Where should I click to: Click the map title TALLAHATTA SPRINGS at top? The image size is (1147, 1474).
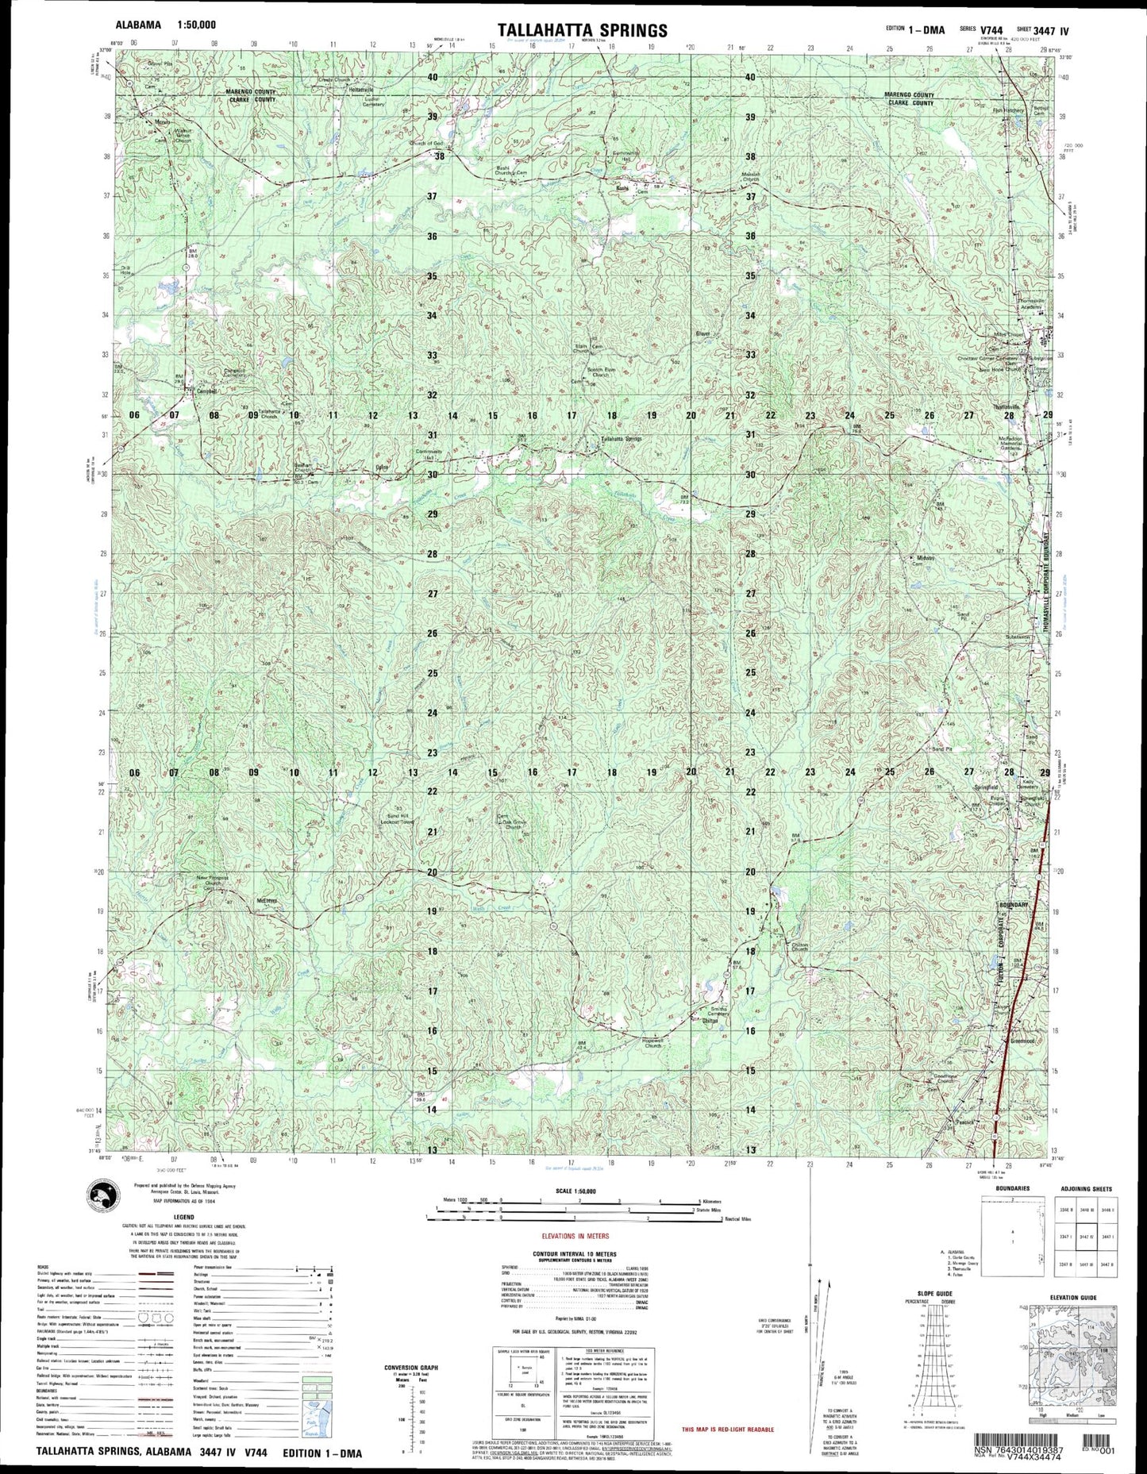(x=583, y=30)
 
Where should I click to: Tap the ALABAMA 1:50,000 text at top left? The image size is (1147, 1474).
(x=165, y=25)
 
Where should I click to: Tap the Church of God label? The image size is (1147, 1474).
(x=426, y=143)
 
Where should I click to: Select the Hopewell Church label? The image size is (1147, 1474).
(x=653, y=1045)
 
